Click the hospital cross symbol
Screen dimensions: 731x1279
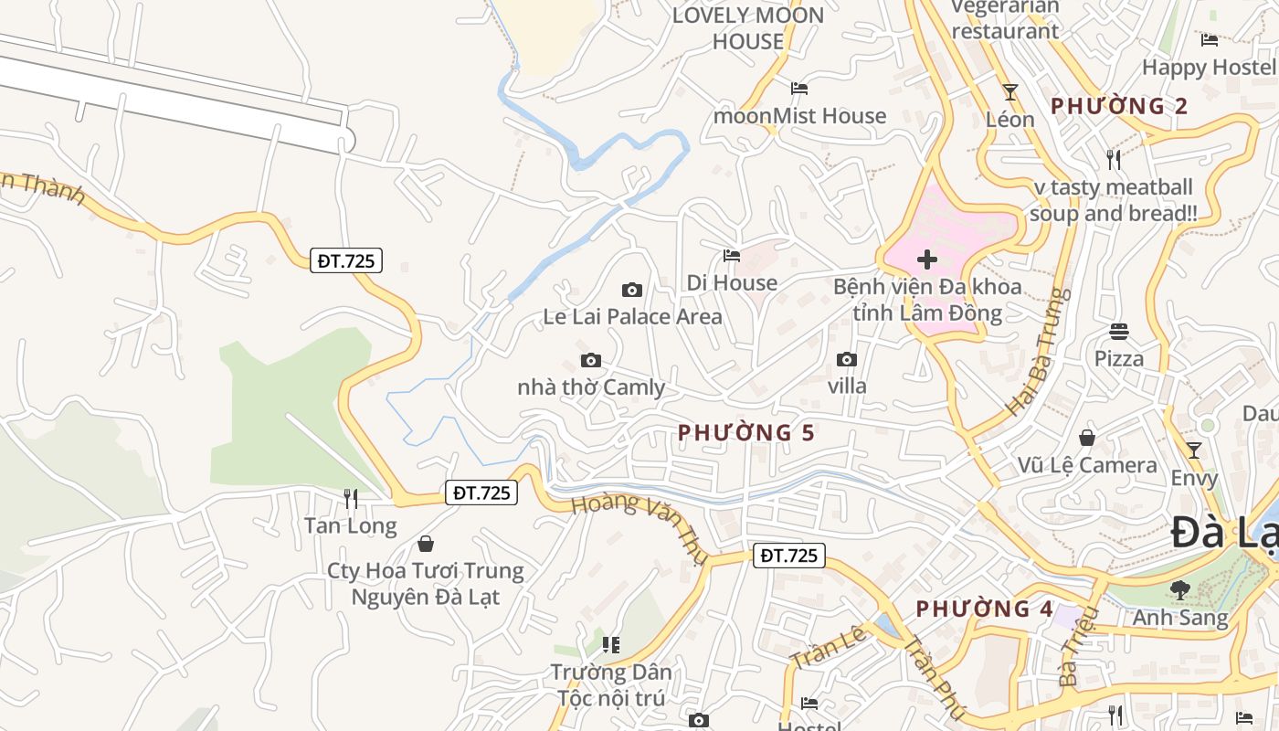[927, 260]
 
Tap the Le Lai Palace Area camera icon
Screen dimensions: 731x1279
[631, 291]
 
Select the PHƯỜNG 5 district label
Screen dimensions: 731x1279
[745, 432]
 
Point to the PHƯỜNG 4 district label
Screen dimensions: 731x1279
[985, 609]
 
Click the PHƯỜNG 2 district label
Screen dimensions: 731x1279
[1119, 106]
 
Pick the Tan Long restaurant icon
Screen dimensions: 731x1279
[350, 498]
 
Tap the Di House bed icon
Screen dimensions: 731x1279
[731, 256]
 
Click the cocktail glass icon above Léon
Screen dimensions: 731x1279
[1009, 92]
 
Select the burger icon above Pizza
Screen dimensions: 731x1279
[1119, 331]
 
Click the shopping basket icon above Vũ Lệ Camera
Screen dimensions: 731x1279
[1087, 438]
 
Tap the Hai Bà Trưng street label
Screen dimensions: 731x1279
[1037, 352]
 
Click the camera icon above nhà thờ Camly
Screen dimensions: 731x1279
[591, 360]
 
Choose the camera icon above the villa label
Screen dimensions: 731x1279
[847, 360]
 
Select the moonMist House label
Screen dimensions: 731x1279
[799, 116]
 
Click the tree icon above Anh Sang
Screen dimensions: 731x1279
[1180, 590]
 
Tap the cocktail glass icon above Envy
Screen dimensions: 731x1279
[1193, 450]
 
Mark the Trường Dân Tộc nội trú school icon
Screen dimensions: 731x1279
[611, 645]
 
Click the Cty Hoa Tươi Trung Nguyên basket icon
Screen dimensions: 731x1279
[426, 545]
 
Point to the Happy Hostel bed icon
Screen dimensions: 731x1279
[1210, 40]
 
